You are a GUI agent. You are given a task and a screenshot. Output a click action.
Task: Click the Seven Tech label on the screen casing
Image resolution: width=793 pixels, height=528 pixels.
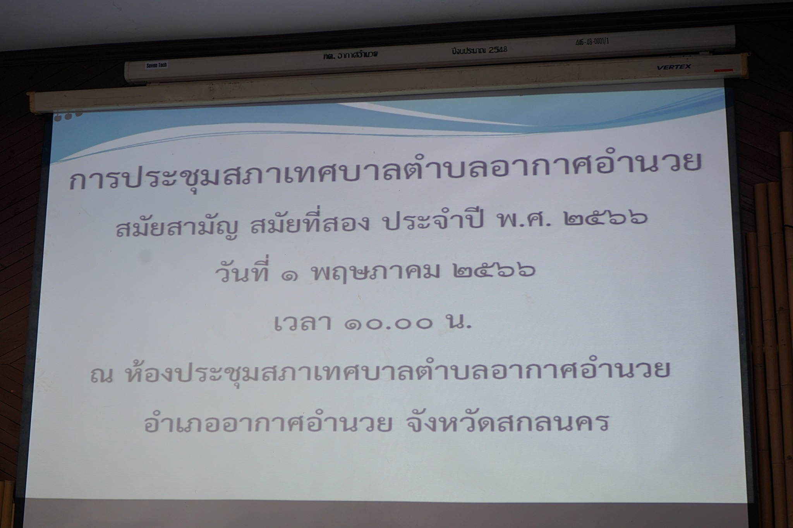point(156,65)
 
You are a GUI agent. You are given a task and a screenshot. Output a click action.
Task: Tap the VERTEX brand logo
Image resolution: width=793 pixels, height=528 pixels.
point(673,67)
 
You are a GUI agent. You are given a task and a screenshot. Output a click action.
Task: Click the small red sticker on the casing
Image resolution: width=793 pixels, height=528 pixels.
point(723,70)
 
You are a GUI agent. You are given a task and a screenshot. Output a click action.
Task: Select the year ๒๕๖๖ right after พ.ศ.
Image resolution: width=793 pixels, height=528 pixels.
point(606,219)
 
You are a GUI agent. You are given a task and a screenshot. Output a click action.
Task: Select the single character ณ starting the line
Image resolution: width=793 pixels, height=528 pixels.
point(101,376)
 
